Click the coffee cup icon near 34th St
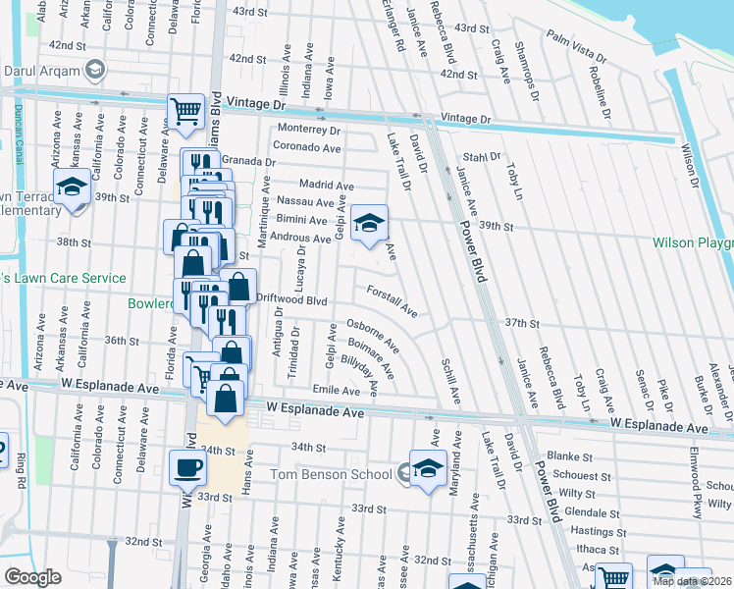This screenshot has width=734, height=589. [x=187, y=467]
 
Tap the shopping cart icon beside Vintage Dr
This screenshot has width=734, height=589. [x=185, y=111]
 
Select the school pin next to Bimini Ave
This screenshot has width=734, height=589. [x=369, y=223]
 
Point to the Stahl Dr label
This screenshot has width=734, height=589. [x=482, y=156]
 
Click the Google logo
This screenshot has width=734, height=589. [x=32, y=577]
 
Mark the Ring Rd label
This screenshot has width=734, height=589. [x=20, y=468]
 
